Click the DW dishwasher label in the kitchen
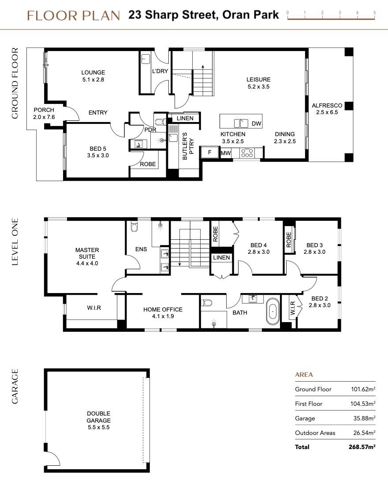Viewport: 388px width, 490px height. tap(256, 124)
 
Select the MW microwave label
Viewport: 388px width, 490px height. tap(225, 153)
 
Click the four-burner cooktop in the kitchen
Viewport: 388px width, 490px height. tap(247, 153)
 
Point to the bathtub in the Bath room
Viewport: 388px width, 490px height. tap(273, 312)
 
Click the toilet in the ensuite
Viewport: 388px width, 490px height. tap(134, 227)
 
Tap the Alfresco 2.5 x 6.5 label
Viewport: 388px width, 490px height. tap(327, 109)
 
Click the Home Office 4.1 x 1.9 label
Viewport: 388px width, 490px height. tap(163, 313)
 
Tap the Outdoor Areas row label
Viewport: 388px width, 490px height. tap(315, 433)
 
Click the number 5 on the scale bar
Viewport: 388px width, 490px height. tap(374, 13)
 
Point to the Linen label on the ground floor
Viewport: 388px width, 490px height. tap(185, 119)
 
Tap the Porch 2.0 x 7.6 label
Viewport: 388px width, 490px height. tap(44, 113)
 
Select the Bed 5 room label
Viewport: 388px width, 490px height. tap(98, 152)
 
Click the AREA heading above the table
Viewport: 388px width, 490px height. tap(303, 375)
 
